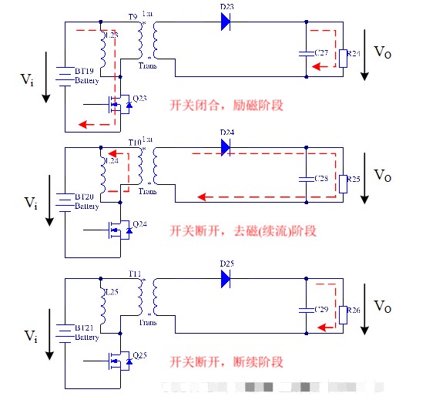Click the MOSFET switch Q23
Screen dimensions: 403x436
119,103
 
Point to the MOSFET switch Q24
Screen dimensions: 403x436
119,230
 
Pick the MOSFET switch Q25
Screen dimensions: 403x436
119,361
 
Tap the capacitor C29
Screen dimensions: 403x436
307,311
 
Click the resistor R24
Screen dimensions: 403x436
343,55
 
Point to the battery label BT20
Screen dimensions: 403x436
86,197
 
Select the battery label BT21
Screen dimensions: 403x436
86,328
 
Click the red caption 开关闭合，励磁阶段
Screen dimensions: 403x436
226,105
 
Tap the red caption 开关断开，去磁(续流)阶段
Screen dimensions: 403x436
243,230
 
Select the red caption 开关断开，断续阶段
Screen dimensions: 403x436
226,361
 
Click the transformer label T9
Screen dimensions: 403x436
132,14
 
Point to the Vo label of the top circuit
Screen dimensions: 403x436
383,52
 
